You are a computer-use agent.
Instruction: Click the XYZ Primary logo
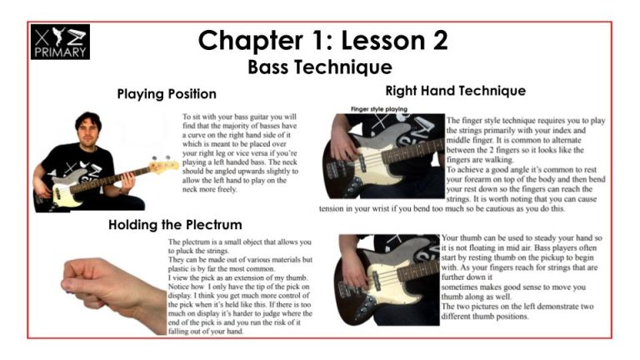click(x=60, y=42)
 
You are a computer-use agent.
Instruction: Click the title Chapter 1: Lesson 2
click(x=322, y=40)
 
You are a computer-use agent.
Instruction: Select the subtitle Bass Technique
click(x=320, y=67)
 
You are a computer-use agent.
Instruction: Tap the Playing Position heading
click(x=167, y=94)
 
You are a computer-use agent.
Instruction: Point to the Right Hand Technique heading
click(x=456, y=91)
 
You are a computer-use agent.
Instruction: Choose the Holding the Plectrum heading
click(x=175, y=225)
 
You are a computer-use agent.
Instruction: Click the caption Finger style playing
click(x=379, y=109)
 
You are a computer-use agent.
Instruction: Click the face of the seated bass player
click(x=87, y=133)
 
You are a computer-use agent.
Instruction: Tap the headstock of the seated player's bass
click(x=164, y=164)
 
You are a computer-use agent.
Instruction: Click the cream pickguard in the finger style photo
click(x=376, y=161)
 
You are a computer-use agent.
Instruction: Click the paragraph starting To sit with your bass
click(x=240, y=153)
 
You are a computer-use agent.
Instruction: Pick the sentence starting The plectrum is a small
click(x=240, y=246)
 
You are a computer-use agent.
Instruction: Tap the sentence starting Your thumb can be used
click(x=522, y=242)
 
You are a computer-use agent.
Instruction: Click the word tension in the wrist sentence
click(x=332, y=209)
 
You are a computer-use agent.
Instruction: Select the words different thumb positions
click(x=484, y=317)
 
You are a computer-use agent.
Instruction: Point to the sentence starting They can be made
click(x=240, y=264)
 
